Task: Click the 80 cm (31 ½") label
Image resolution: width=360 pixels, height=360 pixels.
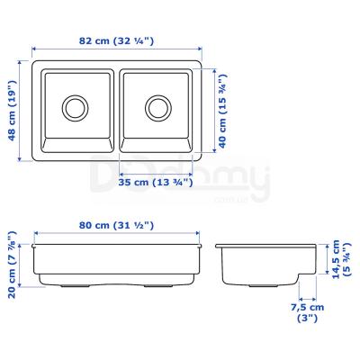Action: point(115,225)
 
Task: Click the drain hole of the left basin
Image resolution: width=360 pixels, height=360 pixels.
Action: point(74,108)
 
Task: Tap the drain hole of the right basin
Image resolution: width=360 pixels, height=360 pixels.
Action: point(158,108)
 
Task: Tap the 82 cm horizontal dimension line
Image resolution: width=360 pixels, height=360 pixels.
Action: point(117,50)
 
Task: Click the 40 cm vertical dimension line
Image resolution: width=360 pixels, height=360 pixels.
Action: point(208,110)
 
